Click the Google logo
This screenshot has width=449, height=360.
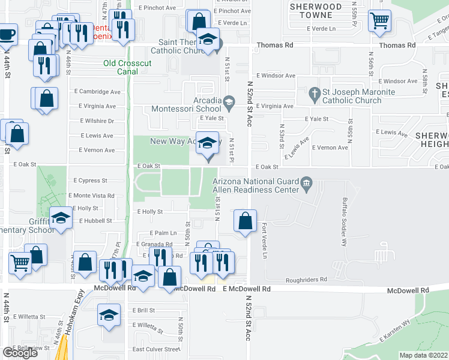[20, 353]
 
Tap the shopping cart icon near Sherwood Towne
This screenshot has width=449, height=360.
[379, 20]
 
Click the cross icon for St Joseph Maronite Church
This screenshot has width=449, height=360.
[313, 93]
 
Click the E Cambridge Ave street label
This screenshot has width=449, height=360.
[100, 92]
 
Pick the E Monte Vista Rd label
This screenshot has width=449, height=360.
[91, 196]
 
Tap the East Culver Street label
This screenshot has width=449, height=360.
[156, 349]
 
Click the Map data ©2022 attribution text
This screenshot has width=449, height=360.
[423, 355]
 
